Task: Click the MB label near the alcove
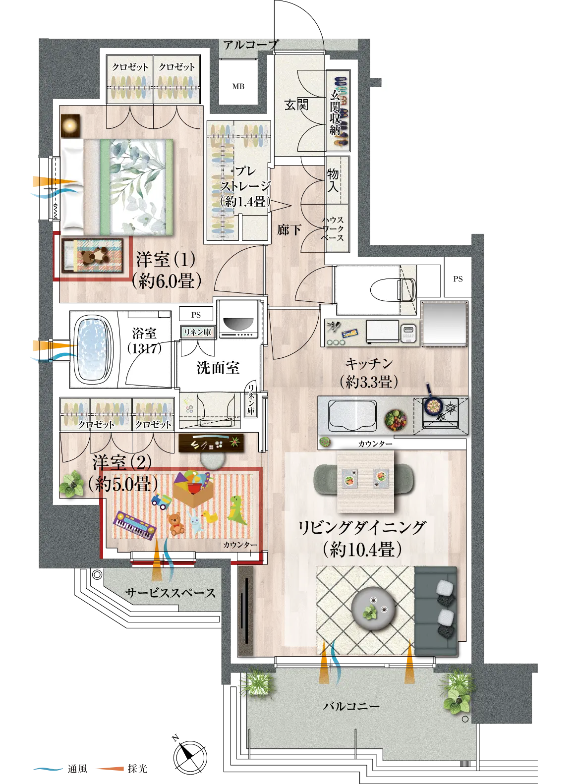[x=238, y=86]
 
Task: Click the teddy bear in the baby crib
[x=95, y=256]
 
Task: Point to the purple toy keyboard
[x=134, y=525]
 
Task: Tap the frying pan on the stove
[x=433, y=402]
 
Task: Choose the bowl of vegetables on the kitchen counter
[x=396, y=420]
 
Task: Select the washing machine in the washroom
[x=238, y=319]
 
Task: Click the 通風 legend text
[x=77, y=769]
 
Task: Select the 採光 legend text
[x=138, y=769]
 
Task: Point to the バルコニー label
[x=351, y=706]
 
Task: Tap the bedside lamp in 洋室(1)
[x=70, y=125]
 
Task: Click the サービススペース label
[x=171, y=593]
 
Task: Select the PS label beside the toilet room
[x=458, y=279]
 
